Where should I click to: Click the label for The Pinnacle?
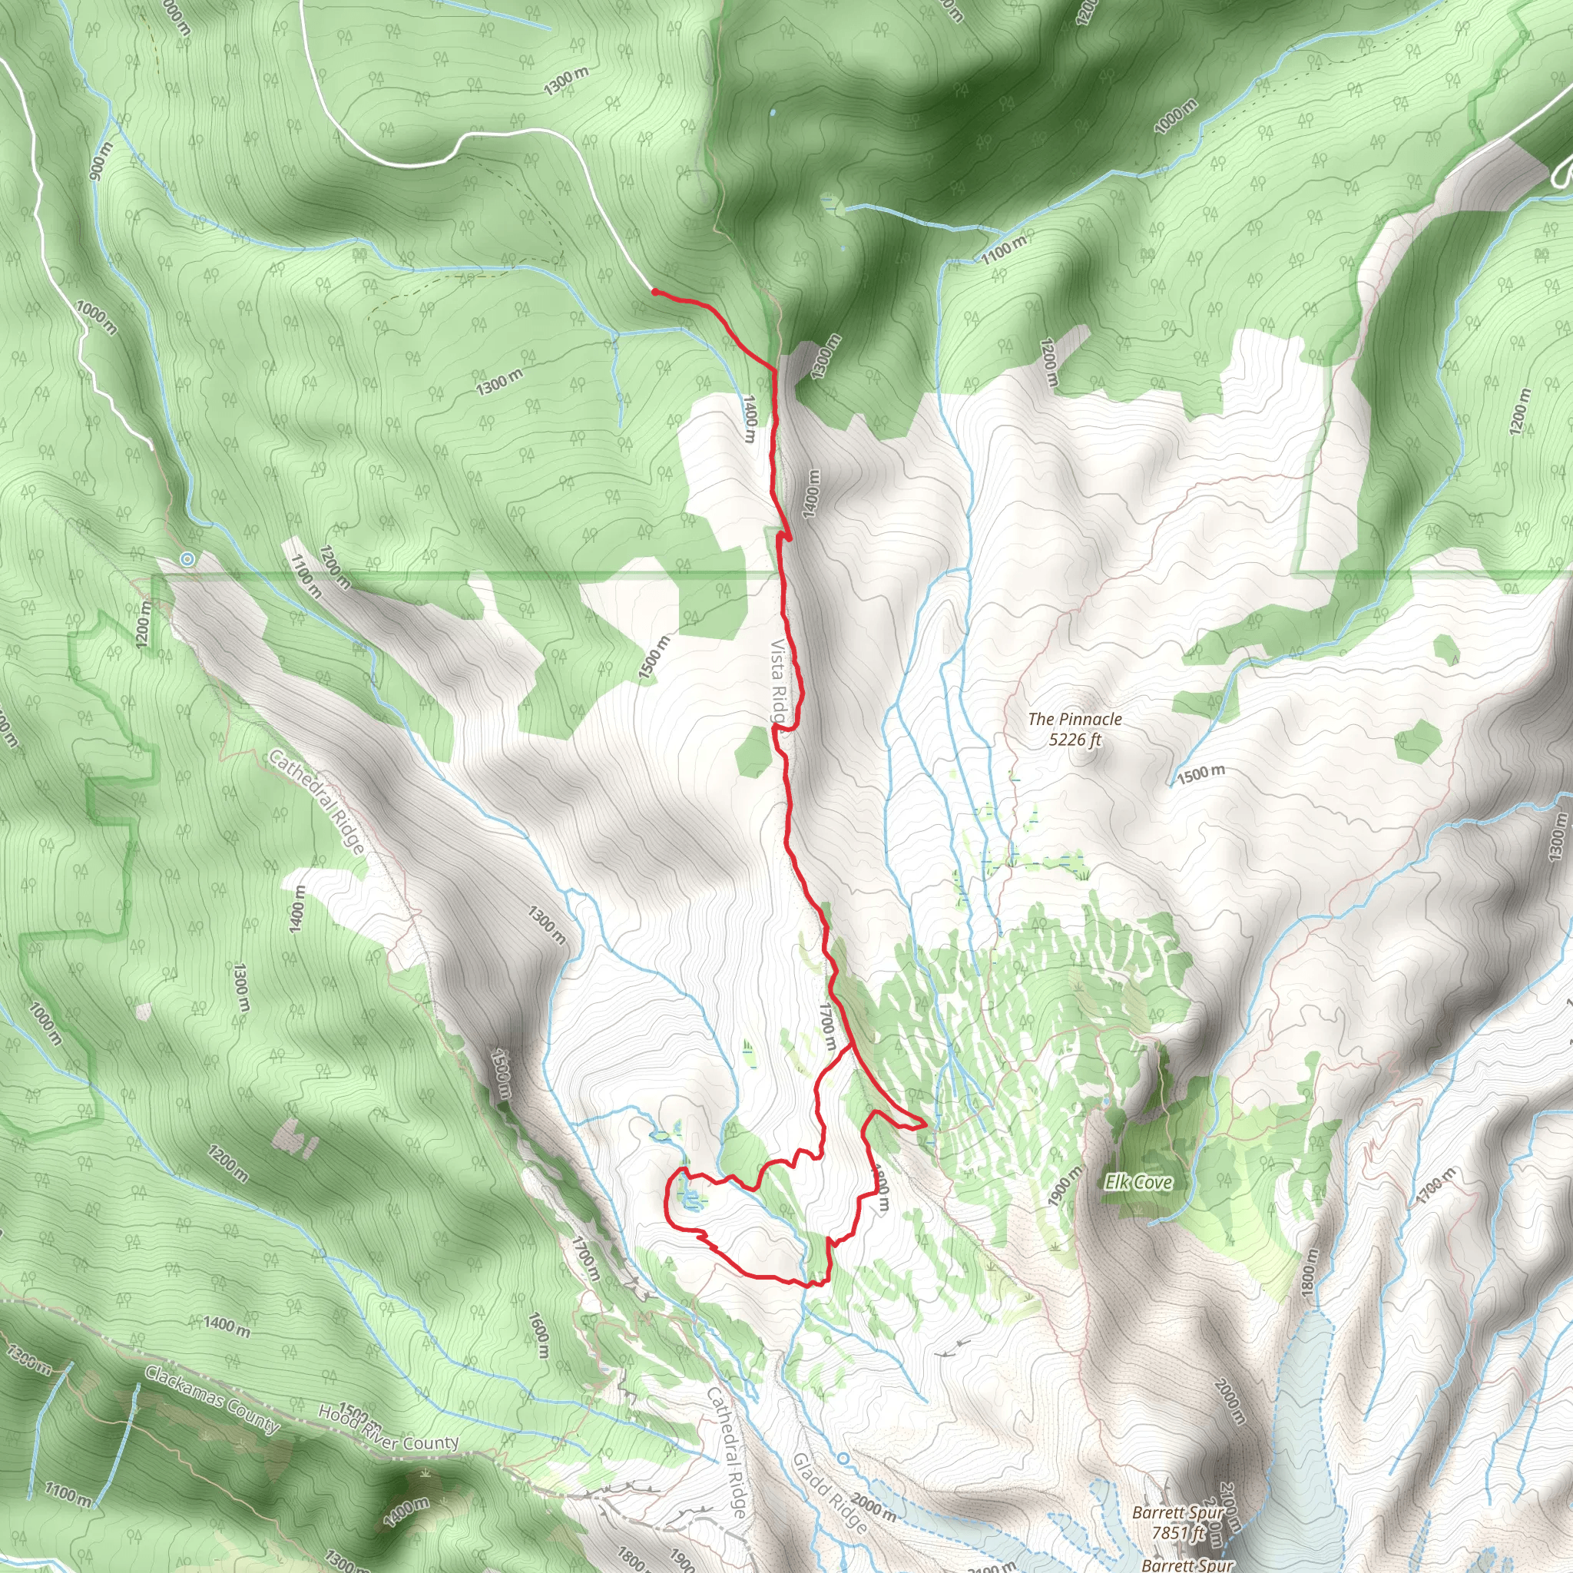coord(1074,719)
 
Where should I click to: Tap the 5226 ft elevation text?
coord(1075,740)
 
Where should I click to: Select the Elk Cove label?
coord(1138,1182)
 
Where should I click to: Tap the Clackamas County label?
coord(213,1398)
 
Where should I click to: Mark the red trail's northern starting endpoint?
coord(654,290)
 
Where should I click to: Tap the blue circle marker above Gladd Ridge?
coord(843,1457)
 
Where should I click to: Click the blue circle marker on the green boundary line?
coord(188,558)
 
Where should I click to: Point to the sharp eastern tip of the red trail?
coord(926,1126)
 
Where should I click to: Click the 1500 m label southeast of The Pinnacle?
coord(1200,773)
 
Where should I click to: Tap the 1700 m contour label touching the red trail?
coord(826,1025)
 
